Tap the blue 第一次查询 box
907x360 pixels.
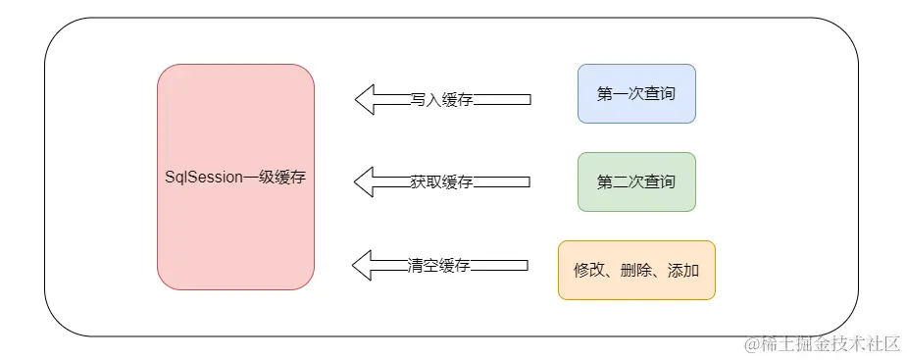tap(636, 94)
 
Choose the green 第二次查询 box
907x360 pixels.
tap(636, 182)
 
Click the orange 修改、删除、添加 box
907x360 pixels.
tap(636, 270)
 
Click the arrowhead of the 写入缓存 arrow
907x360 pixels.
tap(365, 99)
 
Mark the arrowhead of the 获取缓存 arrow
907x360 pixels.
tap(365, 181)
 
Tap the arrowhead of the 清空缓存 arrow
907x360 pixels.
tap(363, 265)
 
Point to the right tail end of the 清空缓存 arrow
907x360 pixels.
tap(526, 265)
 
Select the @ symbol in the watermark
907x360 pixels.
tap(751, 344)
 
